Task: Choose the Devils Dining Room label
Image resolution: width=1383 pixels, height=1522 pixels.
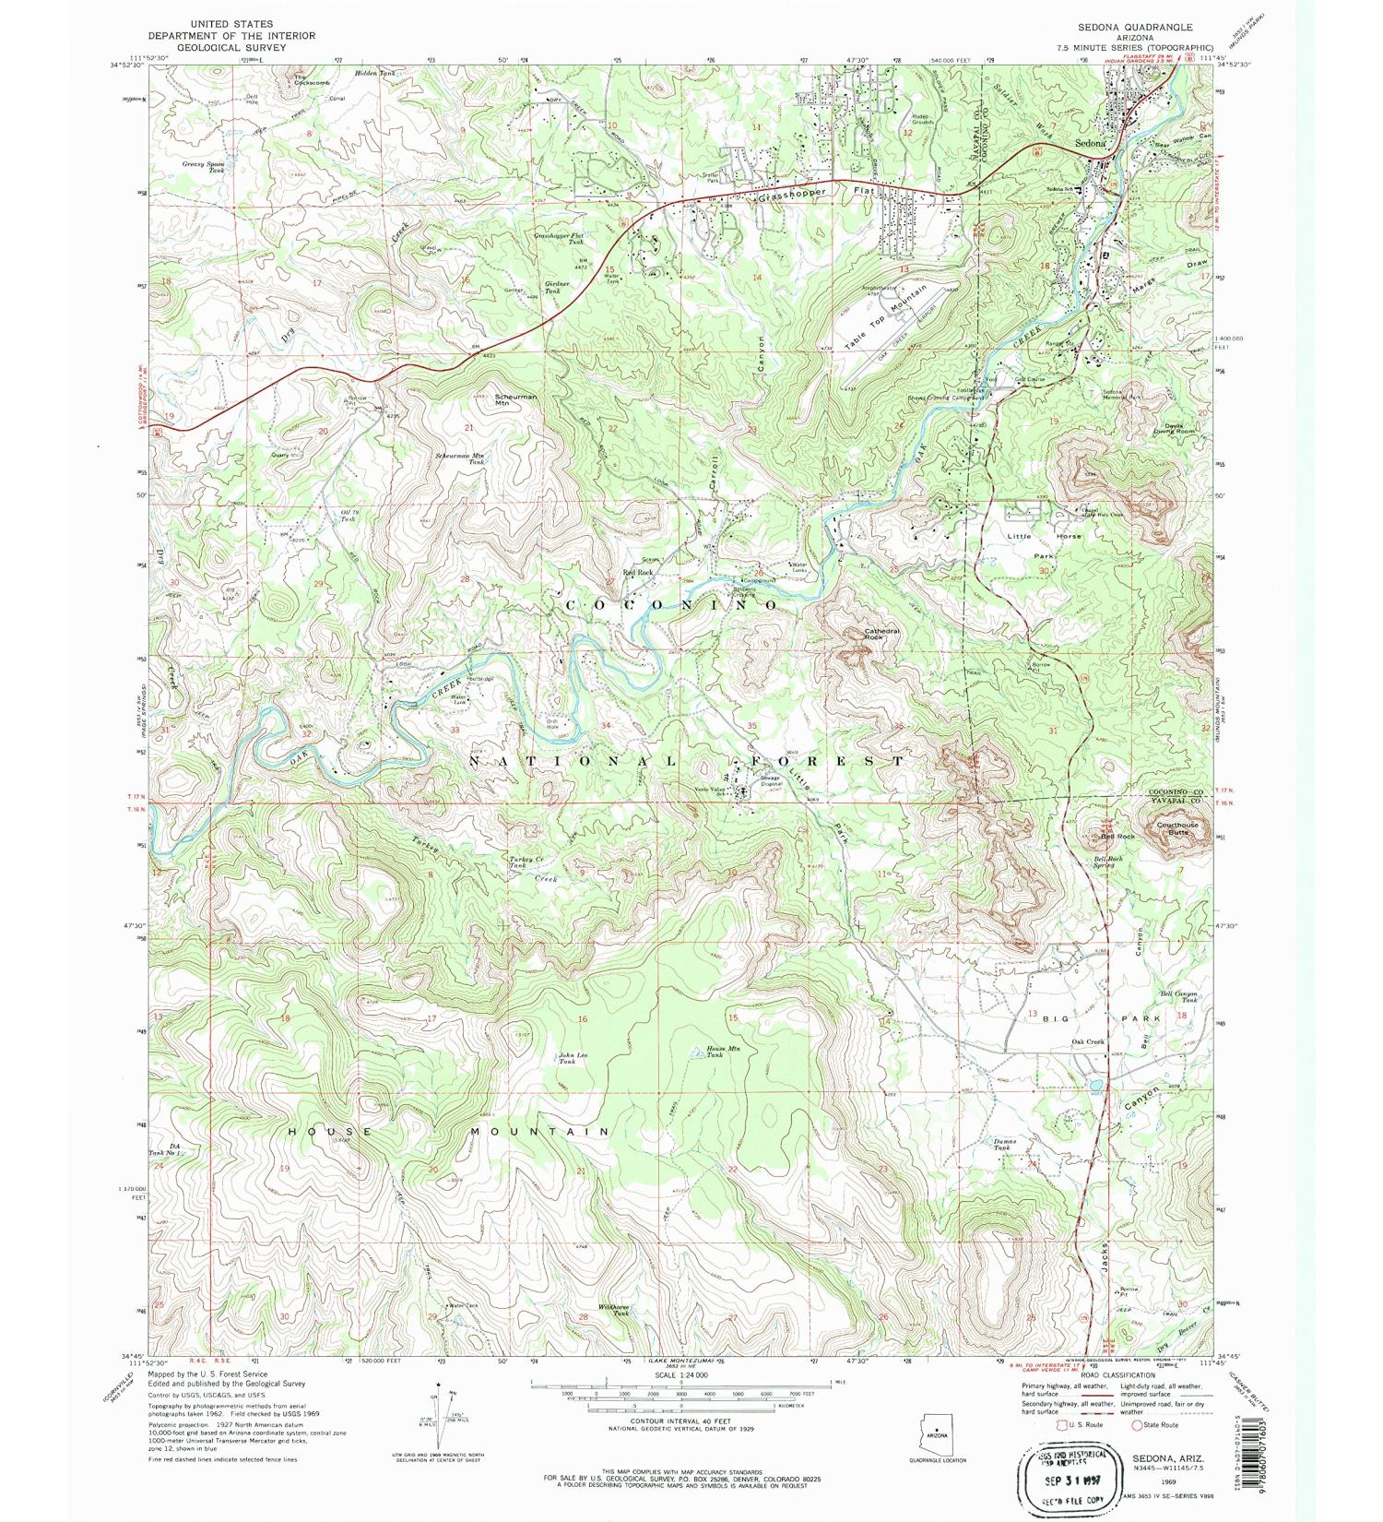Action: pyautogui.click(x=1172, y=429)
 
